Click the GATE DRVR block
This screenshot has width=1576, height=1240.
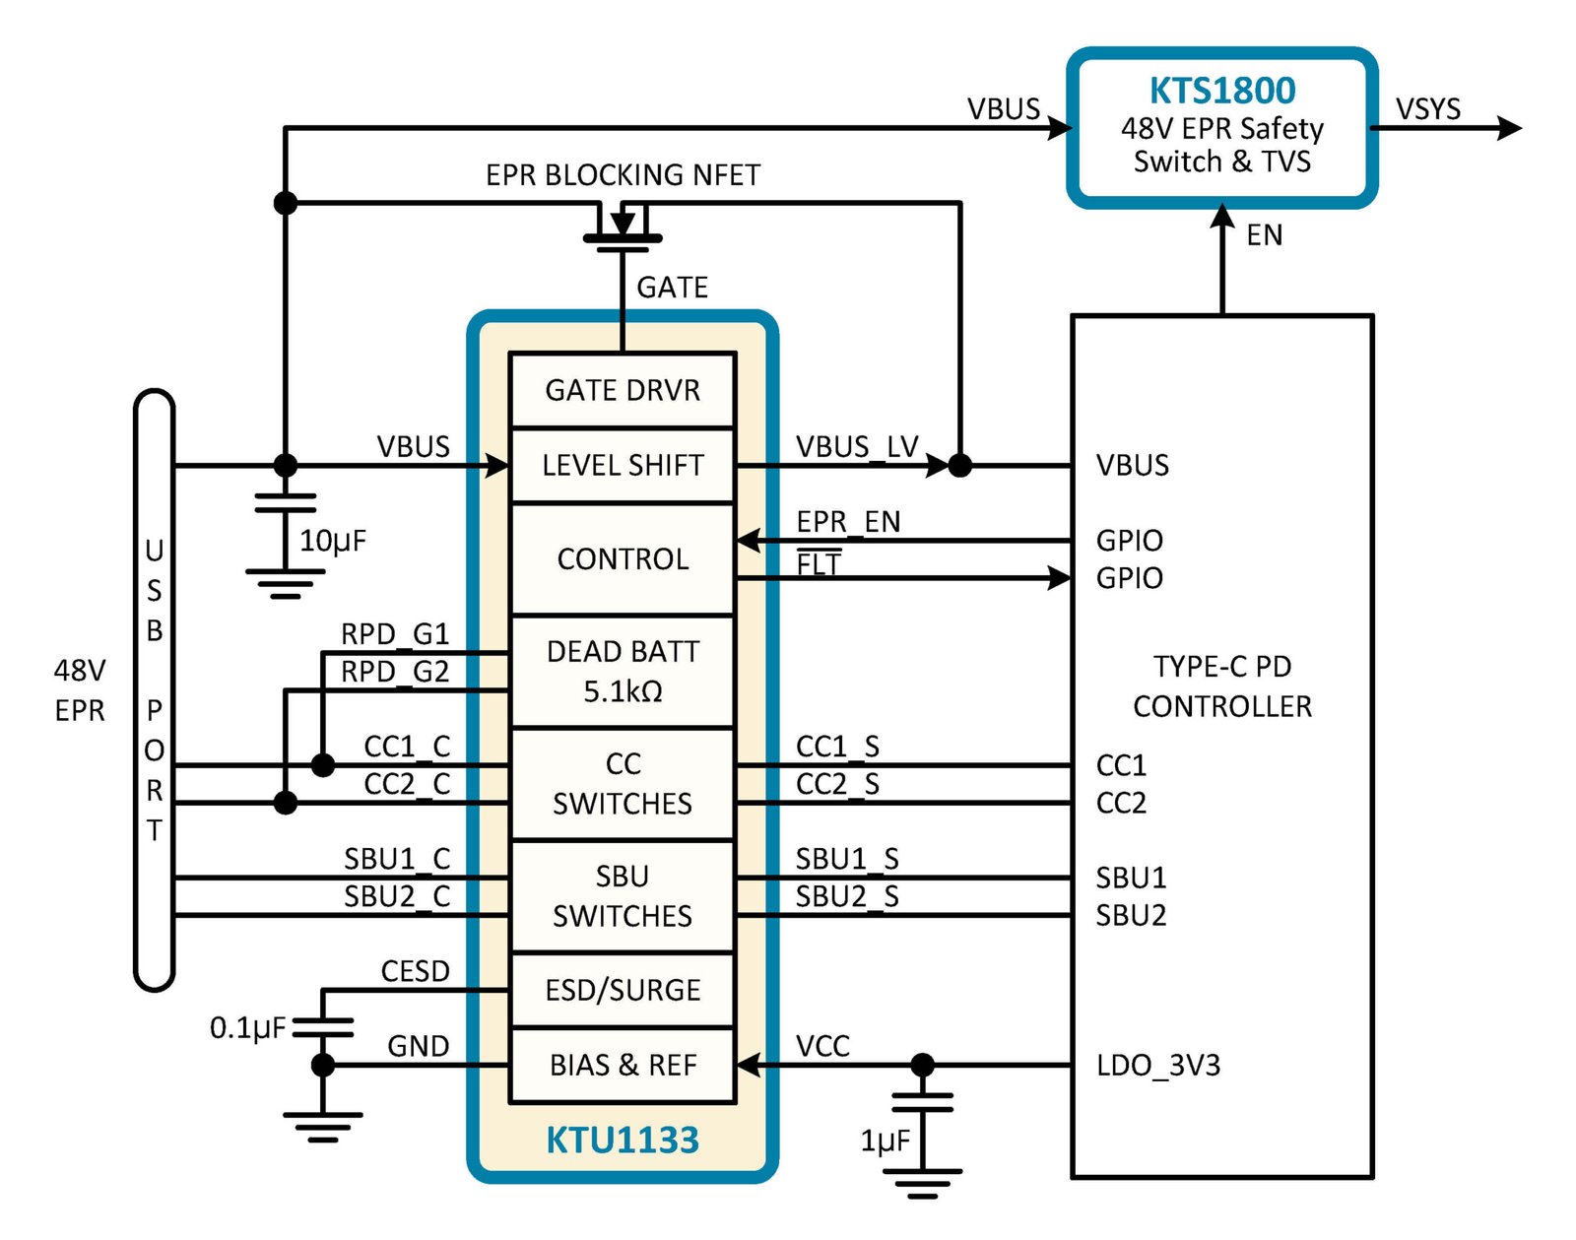(x=623, y=390)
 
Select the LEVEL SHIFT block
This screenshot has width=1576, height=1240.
(x=623, y=465)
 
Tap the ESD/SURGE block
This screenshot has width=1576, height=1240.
(x=623, y=990)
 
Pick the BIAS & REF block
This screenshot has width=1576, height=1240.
(x=623, y=1065)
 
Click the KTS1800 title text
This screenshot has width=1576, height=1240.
(x=1222, y=91)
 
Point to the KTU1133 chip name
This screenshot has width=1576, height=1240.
(x=623, y=1140)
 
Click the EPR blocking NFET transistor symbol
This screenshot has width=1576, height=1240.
(x=623, y=228)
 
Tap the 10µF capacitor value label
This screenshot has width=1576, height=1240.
(x=333, y=542)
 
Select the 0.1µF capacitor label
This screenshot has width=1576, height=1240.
(x=247, y=1028)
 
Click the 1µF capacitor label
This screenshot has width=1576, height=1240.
(x=885, y=1141)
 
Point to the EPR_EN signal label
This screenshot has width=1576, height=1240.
(x=848, y=522)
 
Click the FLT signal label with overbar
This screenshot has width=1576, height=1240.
(x=819, y=563)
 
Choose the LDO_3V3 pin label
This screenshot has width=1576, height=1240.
(x=1157, y=1066)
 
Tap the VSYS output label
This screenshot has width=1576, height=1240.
(x=1428, y=109)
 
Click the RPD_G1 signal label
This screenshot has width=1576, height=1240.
(x=395, y=634)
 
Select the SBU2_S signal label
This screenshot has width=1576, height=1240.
(x=847, y=896)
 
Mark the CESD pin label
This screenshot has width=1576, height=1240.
(x=416, y=971)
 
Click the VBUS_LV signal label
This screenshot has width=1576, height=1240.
(x=857, y=447)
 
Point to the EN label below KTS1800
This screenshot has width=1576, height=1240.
(x=1265, y=235)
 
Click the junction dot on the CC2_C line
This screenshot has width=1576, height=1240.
(x=286, y=803)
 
